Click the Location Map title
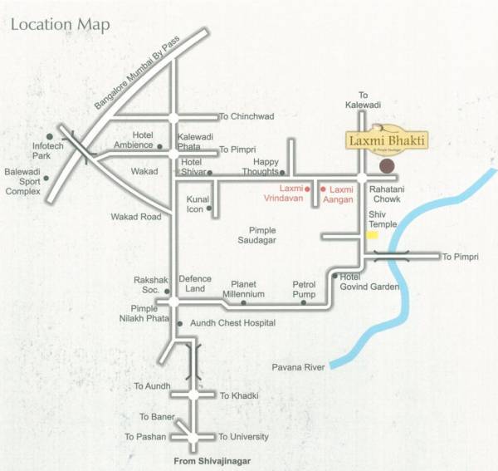60,24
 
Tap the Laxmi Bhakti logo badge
387,140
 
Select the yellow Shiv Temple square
373,235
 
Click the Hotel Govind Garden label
369,282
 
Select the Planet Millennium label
248,289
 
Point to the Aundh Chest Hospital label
232,323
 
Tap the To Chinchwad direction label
246,117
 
